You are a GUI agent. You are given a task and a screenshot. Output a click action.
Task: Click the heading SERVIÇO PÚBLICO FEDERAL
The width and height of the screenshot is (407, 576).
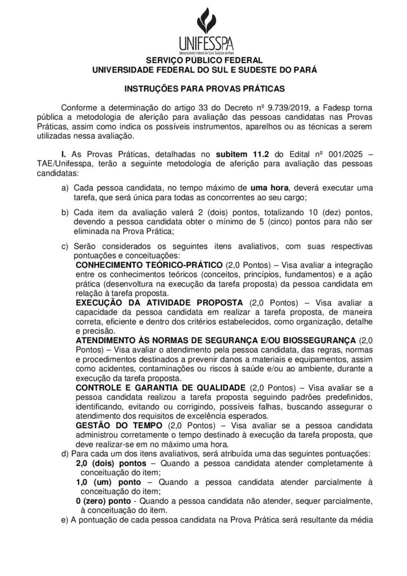pos(204,60)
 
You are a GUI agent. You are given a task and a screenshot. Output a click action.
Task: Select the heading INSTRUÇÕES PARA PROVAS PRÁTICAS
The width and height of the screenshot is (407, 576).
pos(204,88)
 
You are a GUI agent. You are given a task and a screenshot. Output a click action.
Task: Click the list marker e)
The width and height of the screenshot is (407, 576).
pos(64,521)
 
